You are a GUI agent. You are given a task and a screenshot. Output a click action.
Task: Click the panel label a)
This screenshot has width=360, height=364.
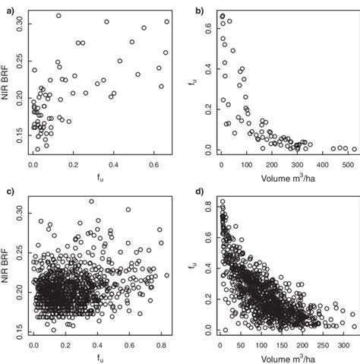click(5, 9)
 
